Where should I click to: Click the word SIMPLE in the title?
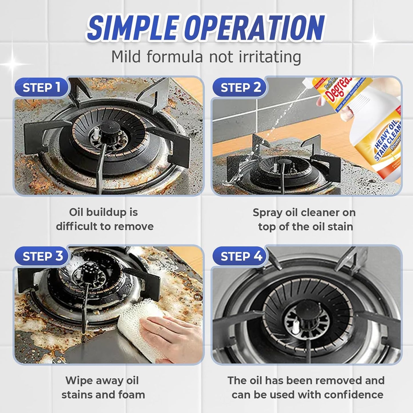[133, 28]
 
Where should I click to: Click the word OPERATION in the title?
[254, 28]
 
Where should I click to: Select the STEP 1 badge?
[41, 87]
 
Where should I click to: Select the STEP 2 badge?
[240, 87]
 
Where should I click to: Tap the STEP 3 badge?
[43, 256]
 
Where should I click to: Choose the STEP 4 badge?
[241, 256]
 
